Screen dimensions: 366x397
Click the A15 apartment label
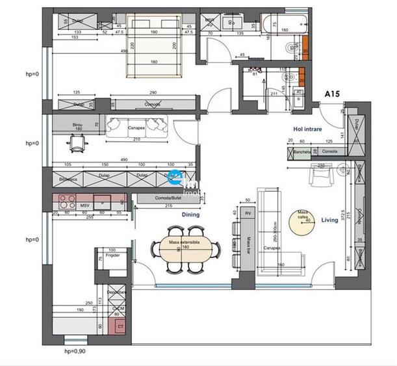[x=333, y=94]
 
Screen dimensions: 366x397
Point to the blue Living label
[x=329, y=220]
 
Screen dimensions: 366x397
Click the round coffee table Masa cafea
[x=302, y=216]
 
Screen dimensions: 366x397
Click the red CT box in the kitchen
[x=119, y=326]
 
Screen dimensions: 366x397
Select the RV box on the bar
[x=247, y=213]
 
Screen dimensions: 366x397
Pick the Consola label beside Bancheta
[x=329, y=152]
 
